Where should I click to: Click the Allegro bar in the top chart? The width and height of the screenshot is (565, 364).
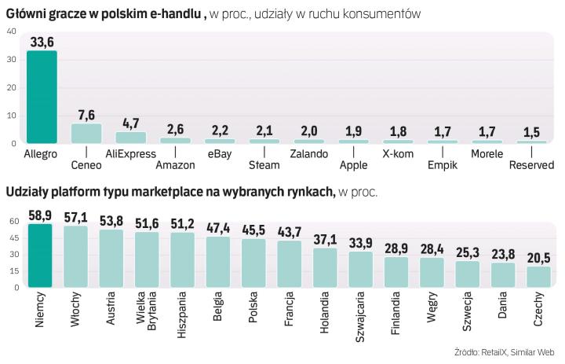(x=41, y=97)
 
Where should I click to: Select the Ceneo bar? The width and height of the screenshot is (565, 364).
(x=86, y=134)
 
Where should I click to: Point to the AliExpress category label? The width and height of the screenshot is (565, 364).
(x=130, y=154)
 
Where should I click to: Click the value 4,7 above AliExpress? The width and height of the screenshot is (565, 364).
(x=130, y=123)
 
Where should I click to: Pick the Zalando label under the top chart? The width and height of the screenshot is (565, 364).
(x=308, y=154)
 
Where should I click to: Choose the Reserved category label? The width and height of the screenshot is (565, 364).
(x=531, y=165)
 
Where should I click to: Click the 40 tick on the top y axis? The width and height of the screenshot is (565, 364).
(x=11, y=31)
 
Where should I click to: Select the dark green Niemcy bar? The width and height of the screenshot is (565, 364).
(x=39, y=256)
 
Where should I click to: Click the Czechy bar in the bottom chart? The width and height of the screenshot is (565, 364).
(x=538, y=277)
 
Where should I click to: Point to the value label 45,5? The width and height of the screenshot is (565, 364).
(x=253, y=231)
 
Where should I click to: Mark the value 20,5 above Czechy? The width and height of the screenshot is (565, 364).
(x=539, y=259)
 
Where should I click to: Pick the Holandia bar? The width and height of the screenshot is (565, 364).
(x=325, y=267)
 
